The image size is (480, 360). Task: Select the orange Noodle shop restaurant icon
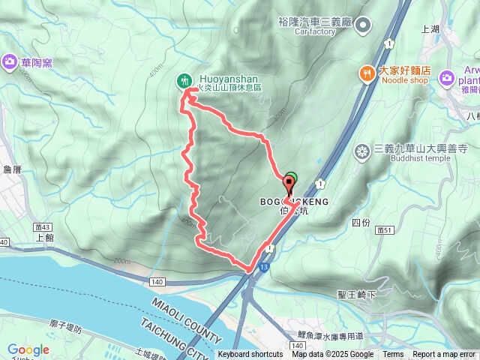tap(366, 73)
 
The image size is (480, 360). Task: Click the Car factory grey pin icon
tap(364, 27)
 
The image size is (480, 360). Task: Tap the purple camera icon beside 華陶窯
tap(10, 62)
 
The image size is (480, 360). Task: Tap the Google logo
tap(28, 349)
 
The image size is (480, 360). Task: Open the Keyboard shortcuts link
tap(250, 355)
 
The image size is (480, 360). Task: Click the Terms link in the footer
tap(393, 355)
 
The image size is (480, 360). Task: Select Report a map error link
tap(445, 355)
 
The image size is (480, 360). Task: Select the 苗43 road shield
tap(41, 225)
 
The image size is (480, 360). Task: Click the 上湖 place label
tap(430, 30)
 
